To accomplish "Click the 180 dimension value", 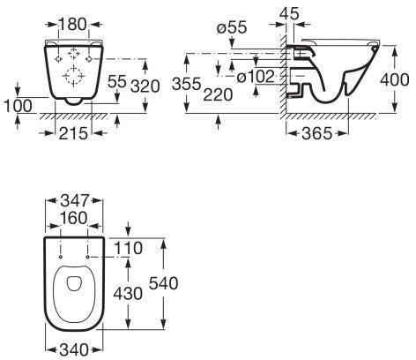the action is point(73,24).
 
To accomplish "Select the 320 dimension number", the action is point(145,86).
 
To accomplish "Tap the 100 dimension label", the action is point(18,106).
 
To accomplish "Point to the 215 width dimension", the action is point(73,133).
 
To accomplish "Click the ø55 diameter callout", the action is point(232,27).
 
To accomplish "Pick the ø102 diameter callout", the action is point(256,77).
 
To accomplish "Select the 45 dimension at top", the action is point(289,13).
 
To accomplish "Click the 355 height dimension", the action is point(187,84).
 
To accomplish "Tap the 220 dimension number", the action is point(218,94).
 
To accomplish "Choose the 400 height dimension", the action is point(394,79).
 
